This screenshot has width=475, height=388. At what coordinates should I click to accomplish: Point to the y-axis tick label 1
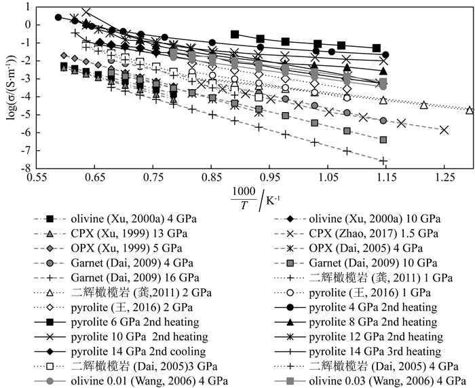point(28,7)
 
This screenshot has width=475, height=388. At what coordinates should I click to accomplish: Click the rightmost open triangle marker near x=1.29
point(469,109)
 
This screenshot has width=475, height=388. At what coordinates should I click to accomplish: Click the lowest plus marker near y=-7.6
point(383,161)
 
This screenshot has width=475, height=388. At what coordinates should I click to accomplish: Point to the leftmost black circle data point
point(58,18)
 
